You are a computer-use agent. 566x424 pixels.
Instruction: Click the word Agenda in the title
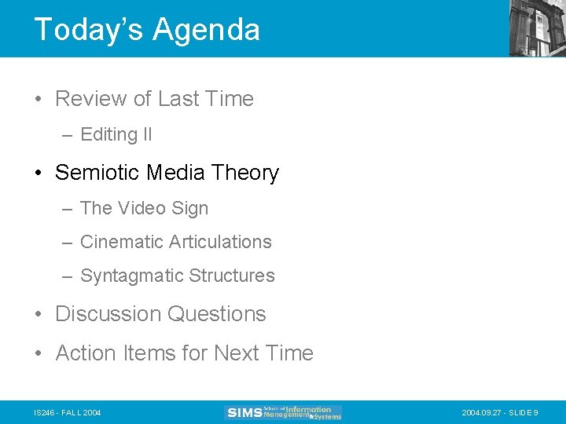[x=206, y=30]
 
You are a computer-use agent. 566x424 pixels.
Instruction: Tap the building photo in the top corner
[x=537, y=27]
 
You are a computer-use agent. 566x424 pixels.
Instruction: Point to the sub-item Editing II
[x=116, y=135]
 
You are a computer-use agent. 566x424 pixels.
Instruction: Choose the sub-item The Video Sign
[x=144, y=208]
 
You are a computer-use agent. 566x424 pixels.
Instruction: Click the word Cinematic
[x=119, y=242]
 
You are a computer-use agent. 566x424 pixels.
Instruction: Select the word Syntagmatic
[x=126, y=276]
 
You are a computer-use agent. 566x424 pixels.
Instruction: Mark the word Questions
[x=218, y=314]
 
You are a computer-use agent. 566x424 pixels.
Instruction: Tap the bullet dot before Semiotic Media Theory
[x=39, y=174]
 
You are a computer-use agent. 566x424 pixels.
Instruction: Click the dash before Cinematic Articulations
[x=68, y=243]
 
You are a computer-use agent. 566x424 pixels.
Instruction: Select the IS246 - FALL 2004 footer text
[x=68, y=412]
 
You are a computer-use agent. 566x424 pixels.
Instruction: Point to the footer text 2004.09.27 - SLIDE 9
[x=500, y=412]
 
